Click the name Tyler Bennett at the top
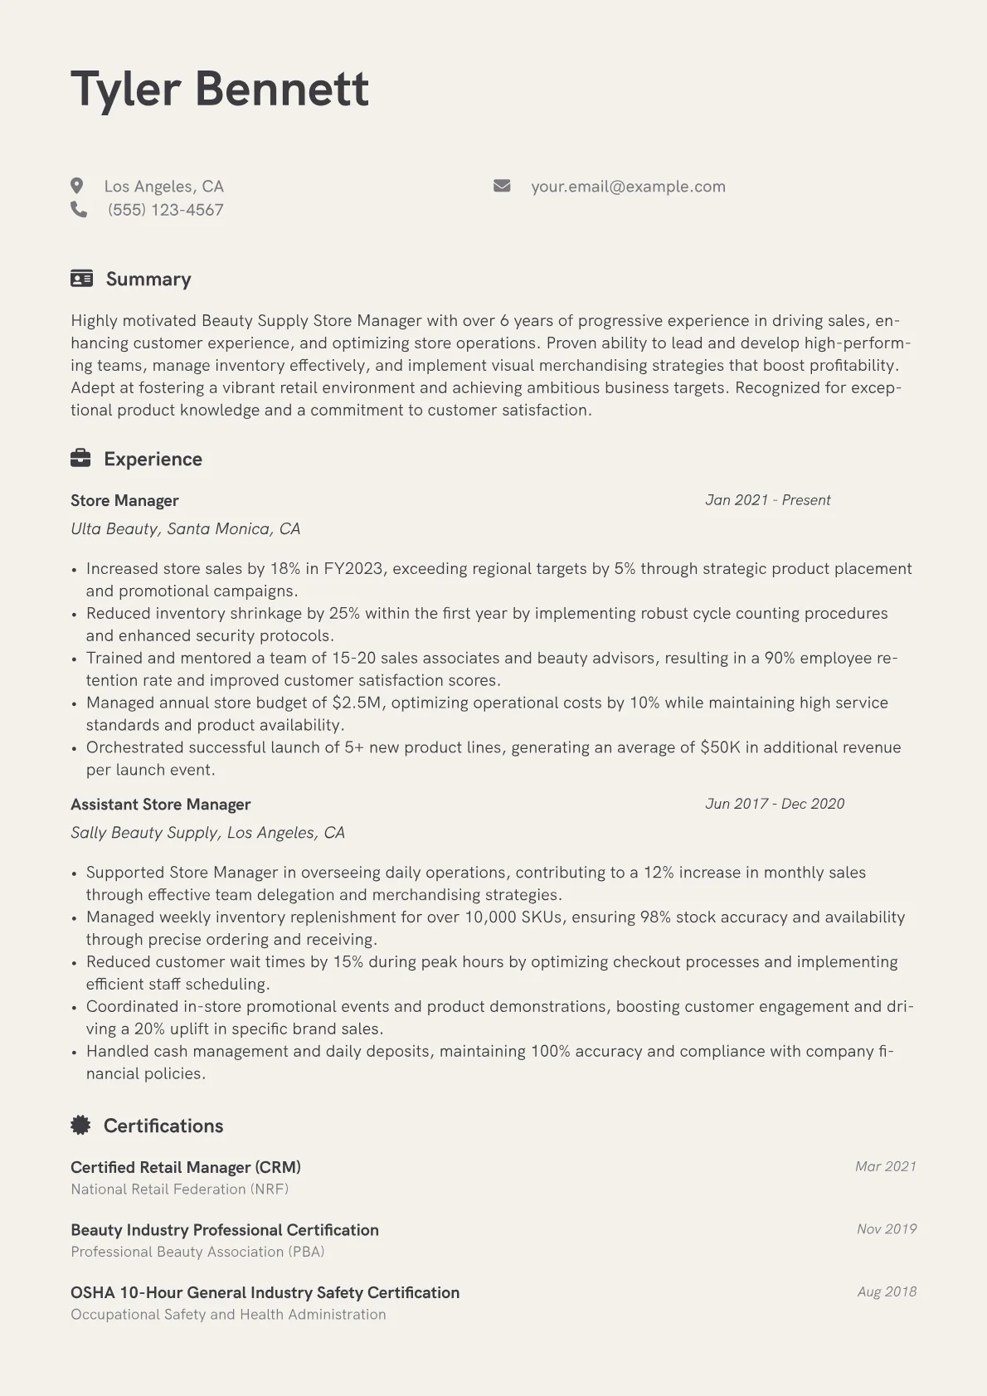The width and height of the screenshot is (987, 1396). pos(220,89)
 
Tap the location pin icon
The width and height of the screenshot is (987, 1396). pos(77,186)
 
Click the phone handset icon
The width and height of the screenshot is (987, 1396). pos(79,210)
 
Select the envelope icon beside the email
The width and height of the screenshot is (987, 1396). pos(502,186)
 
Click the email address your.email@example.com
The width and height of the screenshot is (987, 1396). pos(628,187)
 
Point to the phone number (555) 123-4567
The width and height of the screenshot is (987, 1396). pos(166,210)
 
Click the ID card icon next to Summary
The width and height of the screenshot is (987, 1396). pos(81,279)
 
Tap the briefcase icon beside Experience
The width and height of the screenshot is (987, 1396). pos(80,459)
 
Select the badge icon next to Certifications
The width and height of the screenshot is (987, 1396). pos(80,1126)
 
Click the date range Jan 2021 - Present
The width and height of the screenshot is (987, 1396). pos(767,500)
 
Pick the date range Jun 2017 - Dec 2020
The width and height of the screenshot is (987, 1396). pos(774,804)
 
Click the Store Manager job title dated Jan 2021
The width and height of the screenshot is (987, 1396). pos(124,500)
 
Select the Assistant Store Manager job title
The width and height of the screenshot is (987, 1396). pos(160,804)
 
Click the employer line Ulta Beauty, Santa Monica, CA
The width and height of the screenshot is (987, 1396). pos(185,528)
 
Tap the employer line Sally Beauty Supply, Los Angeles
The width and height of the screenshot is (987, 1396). pos(207,832)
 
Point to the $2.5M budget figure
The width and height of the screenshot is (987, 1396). pos(358,703)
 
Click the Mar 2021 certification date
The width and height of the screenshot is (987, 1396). pos(885,1166)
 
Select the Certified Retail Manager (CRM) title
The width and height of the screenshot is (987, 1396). pos(185,1167)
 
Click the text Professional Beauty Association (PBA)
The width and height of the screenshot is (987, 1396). pos(197,1252)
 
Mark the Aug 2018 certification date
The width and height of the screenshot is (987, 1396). pos(887,1291)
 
